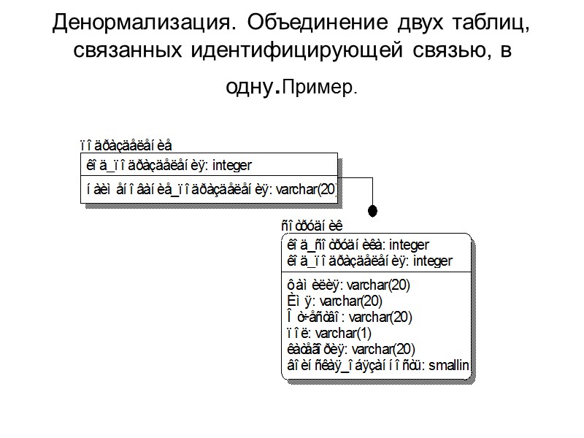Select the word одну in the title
[x=249, y=86]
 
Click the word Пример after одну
[x=320, y=89]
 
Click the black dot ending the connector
[x=372, y=211]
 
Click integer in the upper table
[x=232, y=166]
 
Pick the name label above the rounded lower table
[x=312, y=225]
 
